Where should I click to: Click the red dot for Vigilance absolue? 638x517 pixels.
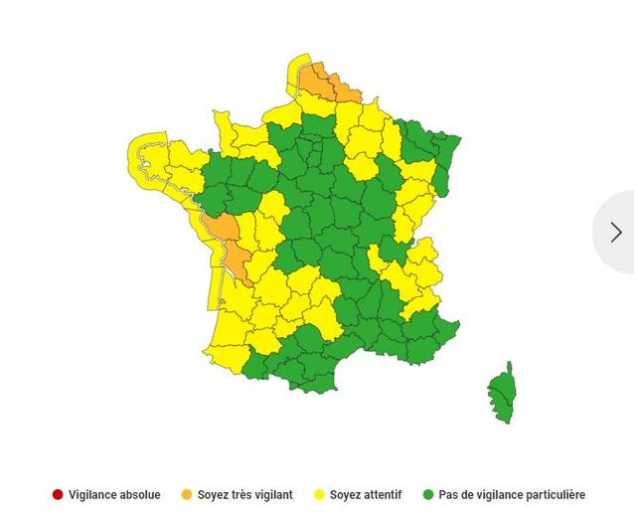pos(58,494)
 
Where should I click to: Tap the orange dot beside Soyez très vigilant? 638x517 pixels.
pos(186,494)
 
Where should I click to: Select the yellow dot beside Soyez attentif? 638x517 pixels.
pos(320,494)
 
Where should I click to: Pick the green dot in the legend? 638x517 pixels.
pos(428,494)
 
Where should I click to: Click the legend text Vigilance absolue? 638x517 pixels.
pos(114,494)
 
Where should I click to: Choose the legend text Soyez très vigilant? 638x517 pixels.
pos(244,494)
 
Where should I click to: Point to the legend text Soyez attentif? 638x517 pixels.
pos(368,494)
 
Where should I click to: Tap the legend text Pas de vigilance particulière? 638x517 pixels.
pos(512,494)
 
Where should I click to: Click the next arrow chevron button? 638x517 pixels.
pos(616,232)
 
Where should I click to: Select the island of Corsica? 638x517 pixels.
pos(502,393)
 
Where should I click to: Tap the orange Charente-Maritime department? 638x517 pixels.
pos(238,261)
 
